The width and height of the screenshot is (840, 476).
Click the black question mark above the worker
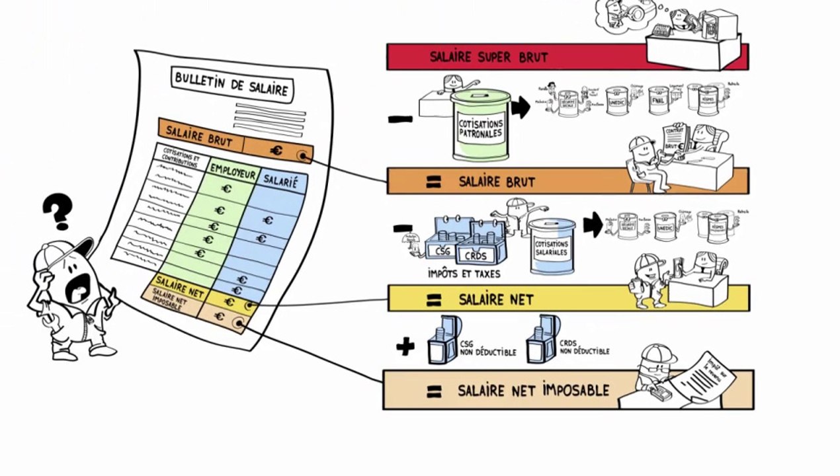tap(58, 211)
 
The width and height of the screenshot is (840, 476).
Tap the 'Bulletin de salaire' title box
tap(231, 83)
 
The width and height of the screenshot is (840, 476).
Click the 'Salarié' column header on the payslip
tap(280, 182)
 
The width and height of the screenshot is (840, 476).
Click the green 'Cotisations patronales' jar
tap(481, 125)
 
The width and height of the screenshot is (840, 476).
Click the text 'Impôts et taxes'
tap(464, 274)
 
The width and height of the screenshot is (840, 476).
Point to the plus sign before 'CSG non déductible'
tap(405, 346)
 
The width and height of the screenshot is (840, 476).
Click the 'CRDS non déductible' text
tap(584, 347)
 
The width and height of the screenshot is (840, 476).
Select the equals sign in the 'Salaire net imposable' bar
tap(434, 391)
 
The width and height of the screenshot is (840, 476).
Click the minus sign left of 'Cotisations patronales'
tap(400, 120)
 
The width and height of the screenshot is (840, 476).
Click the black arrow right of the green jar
tap(521, 107)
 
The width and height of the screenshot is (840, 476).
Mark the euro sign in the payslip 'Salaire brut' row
tap(276, 151)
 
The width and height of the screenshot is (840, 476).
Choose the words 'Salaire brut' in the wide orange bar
tap(497, 182)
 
